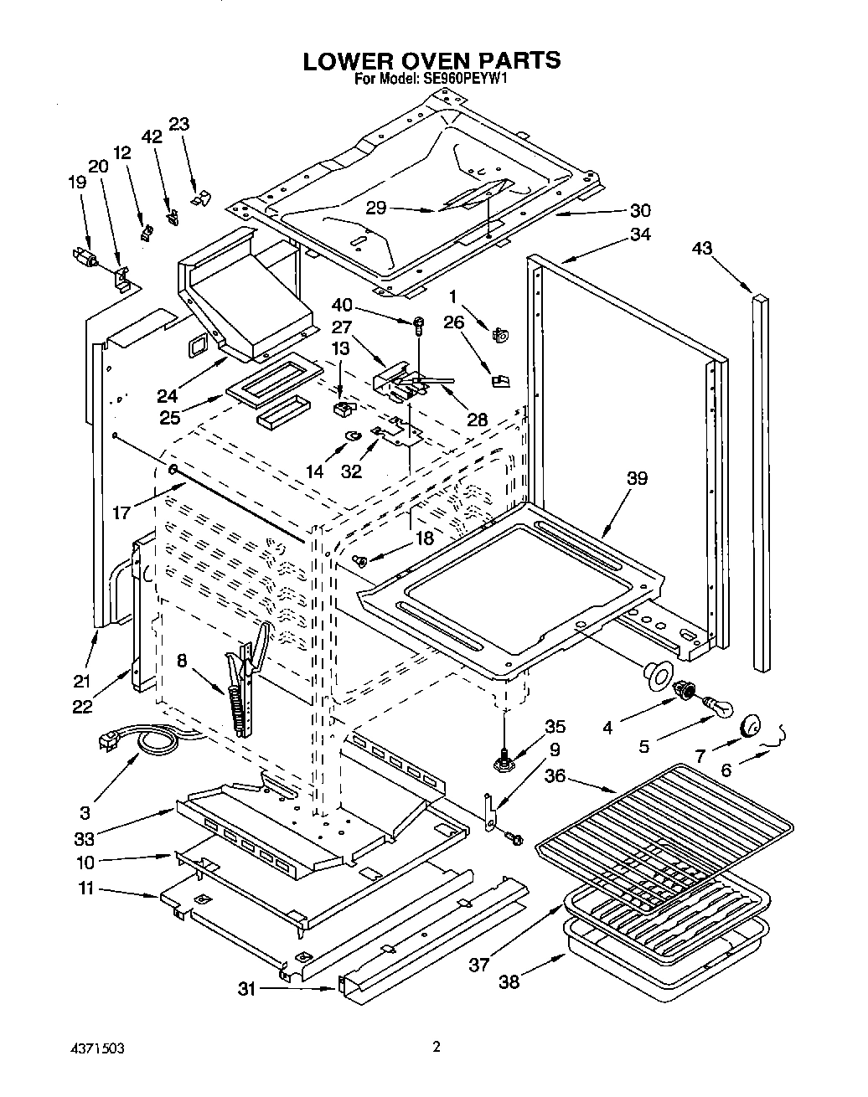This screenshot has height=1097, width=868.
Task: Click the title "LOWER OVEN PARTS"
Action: (x=431, y=60)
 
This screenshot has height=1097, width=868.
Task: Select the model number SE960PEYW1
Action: (x=470, y=80)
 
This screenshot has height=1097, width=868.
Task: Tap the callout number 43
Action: (x=702, y=248)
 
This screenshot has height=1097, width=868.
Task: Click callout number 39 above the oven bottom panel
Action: (x=637, y=478)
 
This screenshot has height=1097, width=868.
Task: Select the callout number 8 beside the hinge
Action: (x=182, y=660)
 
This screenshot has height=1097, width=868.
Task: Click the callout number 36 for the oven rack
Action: (x=555, y=776)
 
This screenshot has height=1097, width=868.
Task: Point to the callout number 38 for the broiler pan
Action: (x=508, y=981)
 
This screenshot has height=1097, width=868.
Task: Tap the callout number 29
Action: (x=376, y=209)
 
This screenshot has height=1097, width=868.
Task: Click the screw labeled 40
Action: (x=417, y=322)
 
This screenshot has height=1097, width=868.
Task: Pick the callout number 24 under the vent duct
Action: (x=168, y=395)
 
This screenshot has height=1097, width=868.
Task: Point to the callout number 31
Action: (x=245, y=989)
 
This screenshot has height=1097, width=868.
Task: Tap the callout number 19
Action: (x=77, y=182)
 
